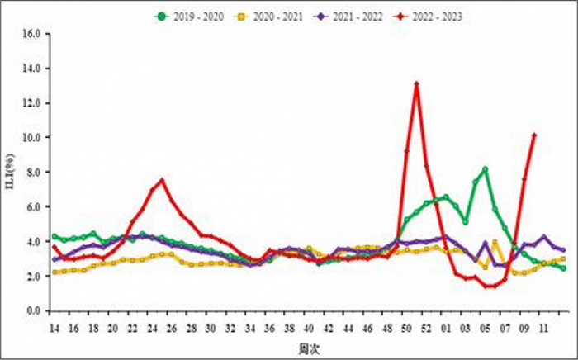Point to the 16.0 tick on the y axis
click(32, 34)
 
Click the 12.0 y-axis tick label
click(32, 103)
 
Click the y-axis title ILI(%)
click(11, 171)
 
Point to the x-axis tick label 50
click(407, 328)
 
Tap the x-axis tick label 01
click(447, 328)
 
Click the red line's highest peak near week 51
click(417, 83)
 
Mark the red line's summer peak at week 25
click(163, 181)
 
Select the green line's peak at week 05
click(486, 169)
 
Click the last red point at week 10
click(535, 135)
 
